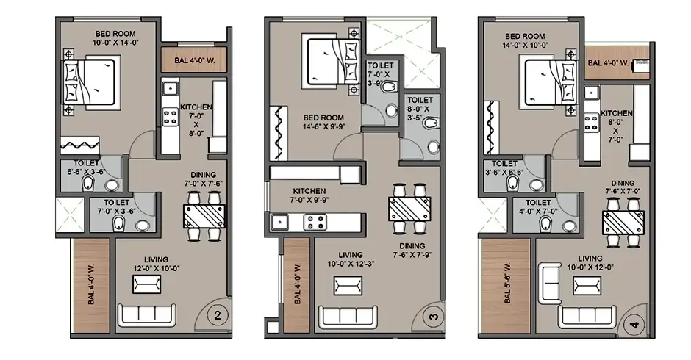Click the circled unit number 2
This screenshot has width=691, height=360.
[x=217, y=317]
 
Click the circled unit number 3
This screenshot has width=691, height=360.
[x=434, y=317]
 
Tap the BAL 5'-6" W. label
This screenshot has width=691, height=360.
[x=506, y=284]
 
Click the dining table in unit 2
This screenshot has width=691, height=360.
[x=203, y=215]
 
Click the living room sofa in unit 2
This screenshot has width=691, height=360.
[x=146, y=314]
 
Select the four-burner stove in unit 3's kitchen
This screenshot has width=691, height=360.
[x=315, y=220]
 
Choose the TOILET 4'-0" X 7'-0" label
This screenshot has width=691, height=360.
[x=539, y=207]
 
